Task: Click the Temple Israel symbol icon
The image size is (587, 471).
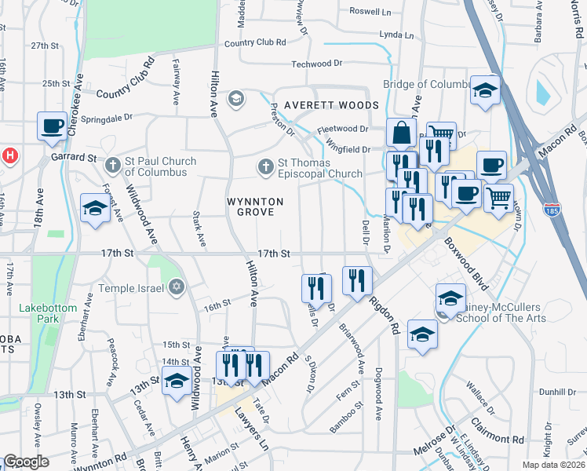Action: (x=177, y=287)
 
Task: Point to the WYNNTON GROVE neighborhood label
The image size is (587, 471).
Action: (x=251, y=206)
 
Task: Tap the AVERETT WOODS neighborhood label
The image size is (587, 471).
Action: (x=331, y=104)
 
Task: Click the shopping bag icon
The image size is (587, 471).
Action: (x=402, y=133)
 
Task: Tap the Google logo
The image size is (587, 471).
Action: (x=26, y=462)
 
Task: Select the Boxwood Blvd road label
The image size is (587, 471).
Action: (x=465, y=265)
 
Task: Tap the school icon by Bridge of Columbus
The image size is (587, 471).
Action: (x=486, y=89)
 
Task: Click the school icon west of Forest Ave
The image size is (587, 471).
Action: (x=95, y=208)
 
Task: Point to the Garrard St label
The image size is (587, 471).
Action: (x=81, y=158)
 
